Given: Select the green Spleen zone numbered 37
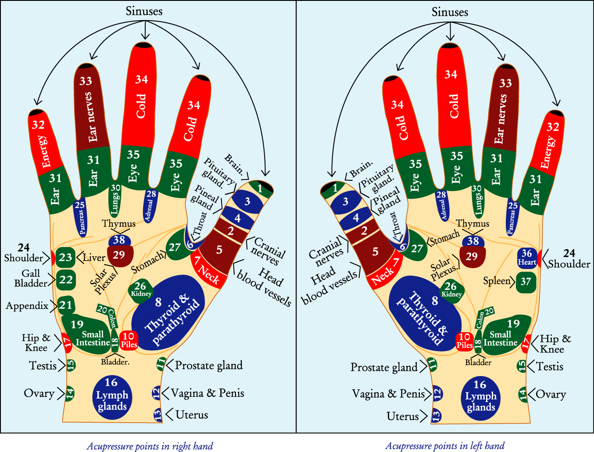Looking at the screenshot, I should pos(526,282).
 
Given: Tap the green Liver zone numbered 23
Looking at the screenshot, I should pos(65,257).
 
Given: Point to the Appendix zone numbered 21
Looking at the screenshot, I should pos(66,305).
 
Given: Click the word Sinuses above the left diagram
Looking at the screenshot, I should pos(144,11).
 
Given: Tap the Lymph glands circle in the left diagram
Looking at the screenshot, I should pos(112,395).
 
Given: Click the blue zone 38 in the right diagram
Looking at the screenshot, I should pos(472,241).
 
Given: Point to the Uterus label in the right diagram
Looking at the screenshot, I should pos(402,416).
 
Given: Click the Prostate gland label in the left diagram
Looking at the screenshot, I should pos(209,366).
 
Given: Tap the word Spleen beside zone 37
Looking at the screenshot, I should pos(497,281).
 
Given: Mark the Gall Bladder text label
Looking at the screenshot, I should pos(31,278).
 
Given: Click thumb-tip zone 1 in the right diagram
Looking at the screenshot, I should pos(335,188).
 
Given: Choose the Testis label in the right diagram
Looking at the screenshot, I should pos(550,366).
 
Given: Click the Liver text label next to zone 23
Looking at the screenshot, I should pos(94,258).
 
